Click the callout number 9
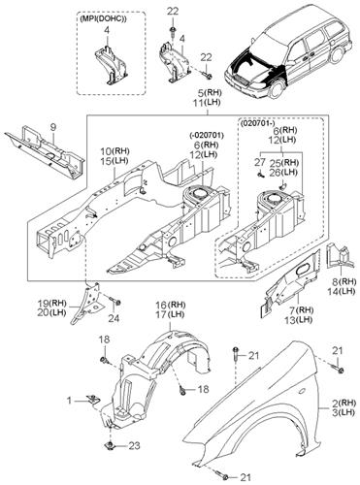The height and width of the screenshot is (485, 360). (x=52, y=127)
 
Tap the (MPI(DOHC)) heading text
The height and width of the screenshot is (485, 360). (x=103, y=19)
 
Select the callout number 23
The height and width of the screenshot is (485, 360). (x=134, y=446)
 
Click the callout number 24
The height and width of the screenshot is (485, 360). (x=114, y=318)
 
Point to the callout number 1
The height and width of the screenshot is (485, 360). (x=69, y=401)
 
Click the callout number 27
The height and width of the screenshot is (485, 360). (x=260, y=162)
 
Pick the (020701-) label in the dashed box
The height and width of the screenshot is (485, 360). (x=257, y=123)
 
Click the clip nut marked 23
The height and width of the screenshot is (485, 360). (x=111, y=445)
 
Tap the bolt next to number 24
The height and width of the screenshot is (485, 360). (x=115, y=301)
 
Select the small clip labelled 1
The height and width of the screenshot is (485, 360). (x=93, y=401)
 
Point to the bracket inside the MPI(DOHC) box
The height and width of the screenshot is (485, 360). (x=110, y=66)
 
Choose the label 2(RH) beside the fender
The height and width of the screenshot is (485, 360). (x=340, y=404)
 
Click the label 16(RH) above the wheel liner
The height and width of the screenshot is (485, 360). (x=171, y=305)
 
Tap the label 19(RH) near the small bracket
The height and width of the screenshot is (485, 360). (x=52, y=304)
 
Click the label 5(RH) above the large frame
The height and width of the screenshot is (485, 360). (x=210, y=93)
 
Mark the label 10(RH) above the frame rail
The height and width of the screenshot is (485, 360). (x=115, y=151)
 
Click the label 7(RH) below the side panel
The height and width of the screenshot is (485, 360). (x=301, y=310)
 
